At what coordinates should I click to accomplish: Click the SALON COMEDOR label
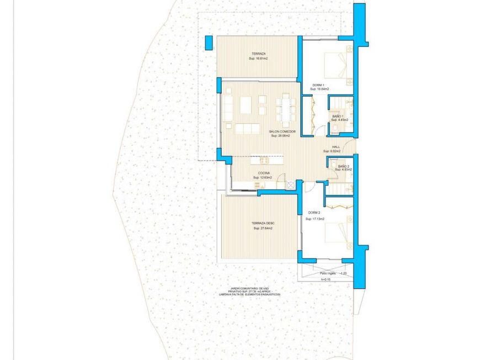coord(282,131)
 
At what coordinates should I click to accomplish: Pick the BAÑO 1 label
coord(338,116)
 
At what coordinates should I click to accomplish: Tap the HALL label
coord(336,147)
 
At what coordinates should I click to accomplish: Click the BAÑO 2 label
coord(343,166)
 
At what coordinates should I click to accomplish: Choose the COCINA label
coord(263,173)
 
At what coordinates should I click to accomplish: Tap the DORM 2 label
coord(315,214)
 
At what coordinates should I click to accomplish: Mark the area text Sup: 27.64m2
coord(263,229)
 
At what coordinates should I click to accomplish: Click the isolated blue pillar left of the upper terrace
coord(209,43)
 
